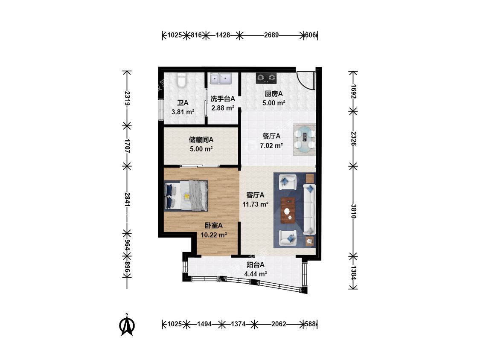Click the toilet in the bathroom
[181, 80]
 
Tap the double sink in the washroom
[221, 78]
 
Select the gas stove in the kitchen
[266, 78]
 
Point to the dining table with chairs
[304, 139]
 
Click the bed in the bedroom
[186, 196]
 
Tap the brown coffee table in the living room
[288, 210]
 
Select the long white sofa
[309, 210]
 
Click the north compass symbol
[126, 325]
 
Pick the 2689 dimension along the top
[271, 35]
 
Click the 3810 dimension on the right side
[353, 211]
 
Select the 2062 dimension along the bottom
[279, 324]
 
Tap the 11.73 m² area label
[256, 204]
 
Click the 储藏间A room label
[201, 140]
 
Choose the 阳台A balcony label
[255, 265]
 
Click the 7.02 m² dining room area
[271, 146]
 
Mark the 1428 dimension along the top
[223, 35]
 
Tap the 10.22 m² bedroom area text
[214, 235]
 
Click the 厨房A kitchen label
[273, 94]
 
